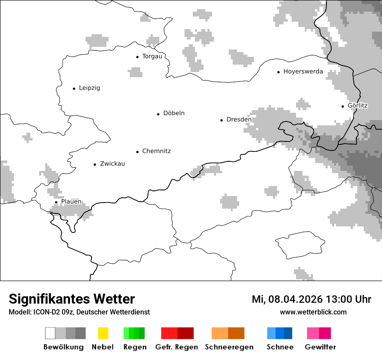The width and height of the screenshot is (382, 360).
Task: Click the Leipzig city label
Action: pos(89,88)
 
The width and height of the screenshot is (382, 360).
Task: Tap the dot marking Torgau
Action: pos(137,57)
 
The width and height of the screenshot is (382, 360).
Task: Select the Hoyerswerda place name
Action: pos(303,72)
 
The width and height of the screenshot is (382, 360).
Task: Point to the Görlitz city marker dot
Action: pos(343,106)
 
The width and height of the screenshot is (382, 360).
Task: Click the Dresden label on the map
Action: pos(239,120)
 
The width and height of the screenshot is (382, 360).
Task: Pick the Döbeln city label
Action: pos(174,113)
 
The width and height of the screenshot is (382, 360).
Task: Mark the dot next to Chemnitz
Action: pos(137,152)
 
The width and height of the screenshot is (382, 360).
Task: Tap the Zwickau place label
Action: pos(112,164)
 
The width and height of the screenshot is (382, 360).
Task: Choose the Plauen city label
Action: pos(71,202)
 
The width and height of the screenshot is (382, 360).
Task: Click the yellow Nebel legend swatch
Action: pos(103,333)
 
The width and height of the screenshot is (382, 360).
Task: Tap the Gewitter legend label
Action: pos(320,347)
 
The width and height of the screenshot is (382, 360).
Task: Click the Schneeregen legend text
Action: pos(229,347)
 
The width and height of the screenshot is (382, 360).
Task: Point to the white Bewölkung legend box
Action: pos(50,333)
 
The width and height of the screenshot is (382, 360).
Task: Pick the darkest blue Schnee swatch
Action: pos(288,333)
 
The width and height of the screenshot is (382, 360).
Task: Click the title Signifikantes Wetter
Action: pos(72,299)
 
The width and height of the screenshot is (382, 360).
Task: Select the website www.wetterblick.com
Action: pos(313,312)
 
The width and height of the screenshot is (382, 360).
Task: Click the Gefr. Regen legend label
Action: pos(176,347)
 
